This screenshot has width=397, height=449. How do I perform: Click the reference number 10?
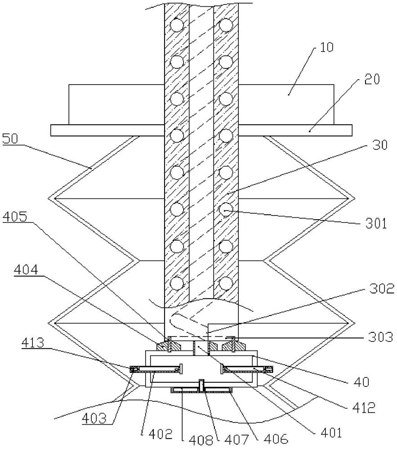pos(326,47)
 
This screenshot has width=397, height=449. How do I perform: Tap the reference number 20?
pos(372,79)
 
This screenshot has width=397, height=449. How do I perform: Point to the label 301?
pos(376,223)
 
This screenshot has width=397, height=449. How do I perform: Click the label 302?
pos(382,289)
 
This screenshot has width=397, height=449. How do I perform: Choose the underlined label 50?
pos(10,139)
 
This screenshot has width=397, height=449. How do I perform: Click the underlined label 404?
pos(26,270)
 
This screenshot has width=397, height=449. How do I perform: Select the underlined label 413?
pos(33,342)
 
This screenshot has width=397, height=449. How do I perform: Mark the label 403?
pos(94,419)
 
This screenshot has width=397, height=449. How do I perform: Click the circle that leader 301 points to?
pos(226,210)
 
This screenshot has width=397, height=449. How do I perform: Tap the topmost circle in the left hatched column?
pos(177,25)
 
